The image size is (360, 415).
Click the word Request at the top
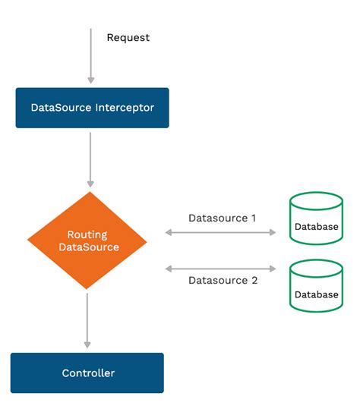point(128,37)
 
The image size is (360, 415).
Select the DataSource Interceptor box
point(92,108)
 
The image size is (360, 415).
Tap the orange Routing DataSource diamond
point(87,240)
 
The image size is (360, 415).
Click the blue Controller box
point(87,373)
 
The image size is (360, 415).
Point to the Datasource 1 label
point(222,218)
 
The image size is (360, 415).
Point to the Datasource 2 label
point(222,281)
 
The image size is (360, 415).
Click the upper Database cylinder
point(316,219)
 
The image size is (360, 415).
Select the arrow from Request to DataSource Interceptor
point(91,57)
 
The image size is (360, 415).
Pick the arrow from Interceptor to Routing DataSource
point(91,159)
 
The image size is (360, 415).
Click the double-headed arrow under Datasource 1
point(220,232)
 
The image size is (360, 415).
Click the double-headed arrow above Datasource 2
point(220,268)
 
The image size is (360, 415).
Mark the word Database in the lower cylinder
point(316,294)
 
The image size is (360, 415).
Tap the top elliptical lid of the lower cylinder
point(316,266)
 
